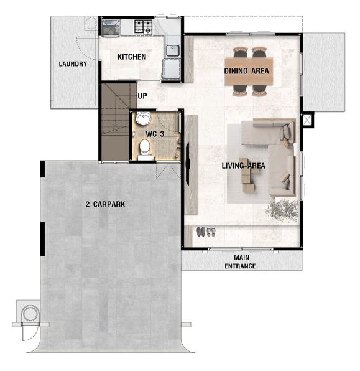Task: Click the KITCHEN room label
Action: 132,57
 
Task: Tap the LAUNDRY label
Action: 73,64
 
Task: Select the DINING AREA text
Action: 247,71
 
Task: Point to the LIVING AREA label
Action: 244,166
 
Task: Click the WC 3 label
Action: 155,134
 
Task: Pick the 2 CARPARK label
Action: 105,204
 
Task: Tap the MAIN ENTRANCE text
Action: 240,261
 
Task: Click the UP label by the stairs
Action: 142,96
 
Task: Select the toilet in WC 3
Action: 145,149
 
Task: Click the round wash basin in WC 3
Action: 143,118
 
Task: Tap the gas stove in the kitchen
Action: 144,26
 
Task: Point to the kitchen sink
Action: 173,50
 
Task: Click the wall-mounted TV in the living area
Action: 188,163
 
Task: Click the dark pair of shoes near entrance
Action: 201,232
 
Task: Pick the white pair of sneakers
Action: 211,232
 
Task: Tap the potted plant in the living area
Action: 282,210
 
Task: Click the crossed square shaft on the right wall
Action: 308,120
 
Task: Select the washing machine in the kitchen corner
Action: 111,28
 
